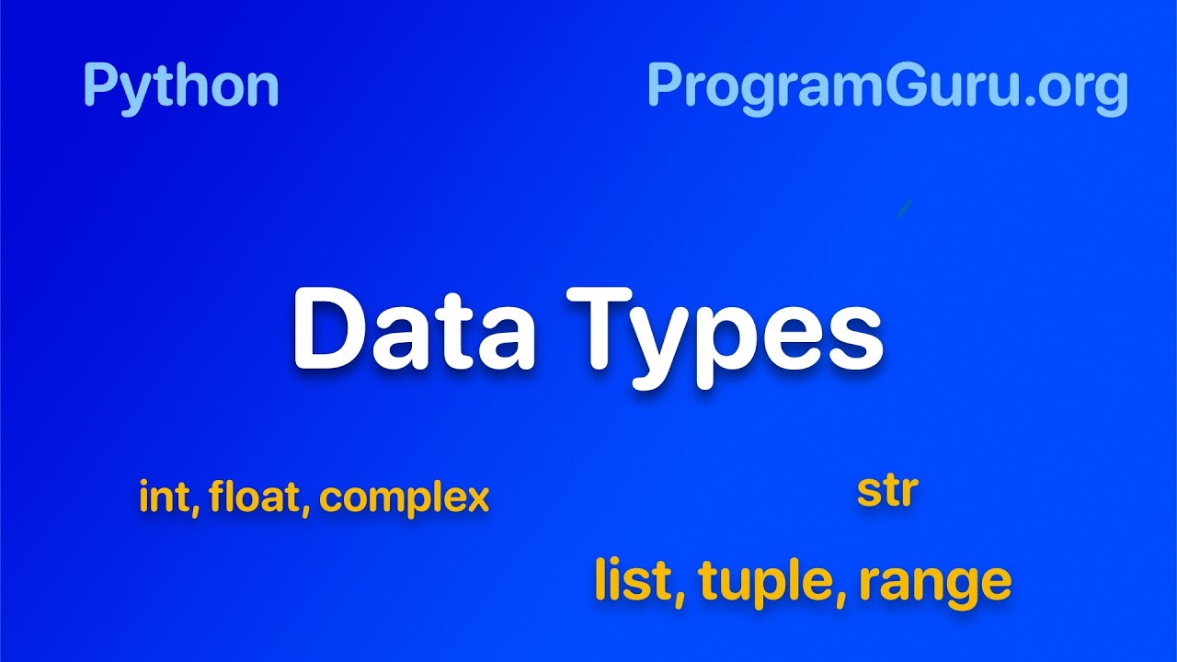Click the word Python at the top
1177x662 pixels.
point(180,86)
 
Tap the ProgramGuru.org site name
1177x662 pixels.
point(886,86)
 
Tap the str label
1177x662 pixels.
point(886,491)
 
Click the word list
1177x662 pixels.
point(635,580)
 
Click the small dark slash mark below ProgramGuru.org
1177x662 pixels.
point(904,209)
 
